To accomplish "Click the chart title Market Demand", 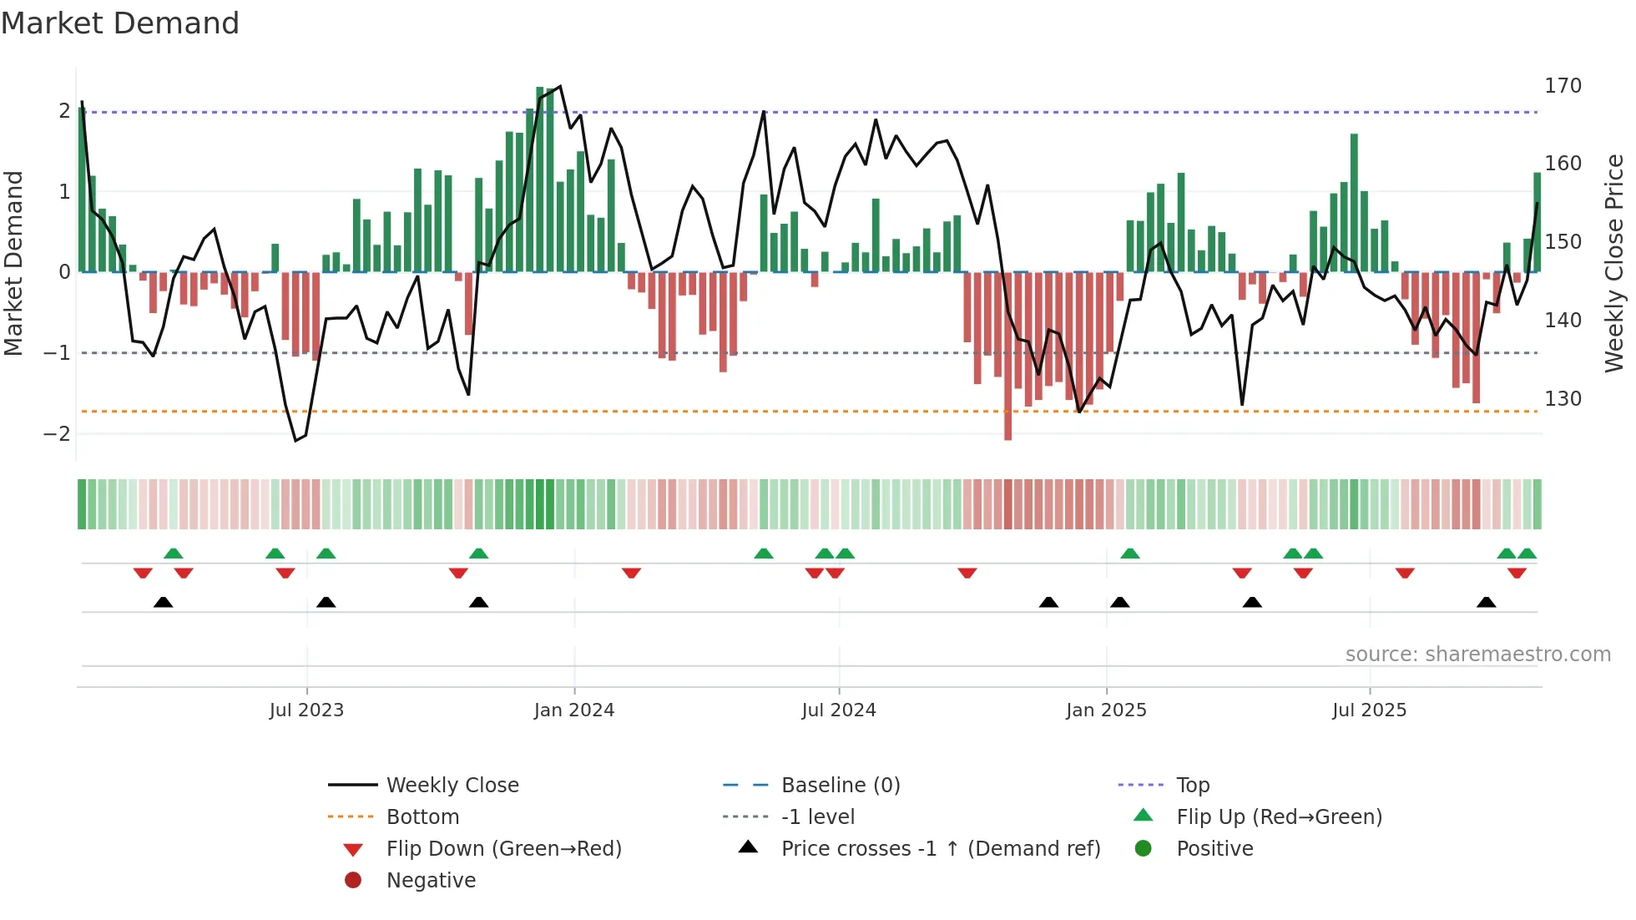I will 120,23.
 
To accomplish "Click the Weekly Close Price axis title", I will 1614,263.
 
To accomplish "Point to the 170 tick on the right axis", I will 1563,86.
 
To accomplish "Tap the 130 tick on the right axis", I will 1563,399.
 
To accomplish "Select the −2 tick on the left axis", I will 58,434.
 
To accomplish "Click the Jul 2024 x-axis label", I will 839,710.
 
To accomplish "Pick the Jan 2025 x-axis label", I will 1106,710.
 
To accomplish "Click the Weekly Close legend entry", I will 452,786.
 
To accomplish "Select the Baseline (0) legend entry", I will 840,786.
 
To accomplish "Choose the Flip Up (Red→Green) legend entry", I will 1279,817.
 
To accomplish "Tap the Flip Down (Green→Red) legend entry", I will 503,849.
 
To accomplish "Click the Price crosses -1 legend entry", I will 940,849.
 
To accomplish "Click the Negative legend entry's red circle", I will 353,881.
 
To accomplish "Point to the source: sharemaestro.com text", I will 1477,655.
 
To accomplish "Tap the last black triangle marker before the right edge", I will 1486,603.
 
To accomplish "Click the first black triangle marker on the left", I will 164,603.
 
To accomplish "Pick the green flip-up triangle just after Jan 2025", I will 1130,554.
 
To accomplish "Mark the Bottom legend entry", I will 422,817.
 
